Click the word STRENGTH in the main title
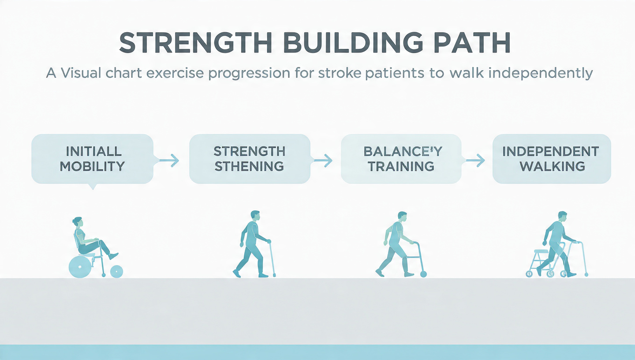[x=196, y=42]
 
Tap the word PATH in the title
[x=472, y=42]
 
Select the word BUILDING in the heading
[x=353, y=42]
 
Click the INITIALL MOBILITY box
[x=93, y=159]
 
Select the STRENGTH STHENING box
[x=250, y=159]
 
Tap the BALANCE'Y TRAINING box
[x=401, y=159]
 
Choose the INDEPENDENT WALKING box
[x=552, y=159]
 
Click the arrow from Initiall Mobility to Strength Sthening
[x=169, y=161]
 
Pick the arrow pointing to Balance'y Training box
[x=323, y=161]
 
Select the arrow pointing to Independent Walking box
[x=475, y=161]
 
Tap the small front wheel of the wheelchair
[x=116, y=272]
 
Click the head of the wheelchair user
[x=78, y=222]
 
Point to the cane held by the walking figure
[x=271, y=259]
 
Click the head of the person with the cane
[x=255, y=216]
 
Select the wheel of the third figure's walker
[x=423, y=274]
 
